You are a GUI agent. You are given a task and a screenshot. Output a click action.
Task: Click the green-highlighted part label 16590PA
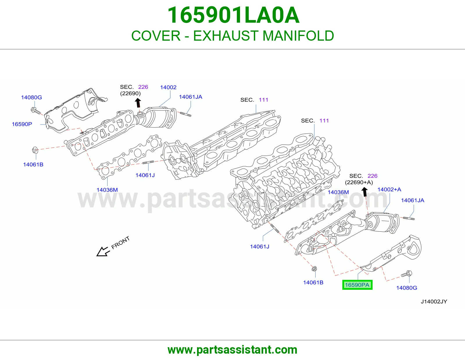[x=357, y=285]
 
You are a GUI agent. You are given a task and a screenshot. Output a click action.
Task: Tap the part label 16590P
[x=22, y=124]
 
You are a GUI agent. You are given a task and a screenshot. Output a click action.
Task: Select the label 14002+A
[x=389, y=189]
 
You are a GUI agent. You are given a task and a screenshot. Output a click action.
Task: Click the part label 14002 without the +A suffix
[x=168, y=87]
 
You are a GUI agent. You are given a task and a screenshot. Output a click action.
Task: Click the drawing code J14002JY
[x=434, y=301]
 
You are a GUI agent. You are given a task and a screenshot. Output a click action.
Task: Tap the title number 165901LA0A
[x=233, y=15]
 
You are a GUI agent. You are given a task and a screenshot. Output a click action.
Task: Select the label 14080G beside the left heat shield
[x=31, y=98]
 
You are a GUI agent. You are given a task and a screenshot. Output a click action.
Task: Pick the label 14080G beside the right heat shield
[x=407, y=288]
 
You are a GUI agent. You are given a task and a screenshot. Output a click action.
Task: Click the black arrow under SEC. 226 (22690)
[x=138, y=103]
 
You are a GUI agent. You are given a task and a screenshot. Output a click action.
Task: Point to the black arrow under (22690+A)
[x=365, y=192]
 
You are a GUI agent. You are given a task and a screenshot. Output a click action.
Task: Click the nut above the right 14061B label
[x=314, y=269]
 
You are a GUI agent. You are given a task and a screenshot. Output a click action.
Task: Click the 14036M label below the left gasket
[x=107, y=190]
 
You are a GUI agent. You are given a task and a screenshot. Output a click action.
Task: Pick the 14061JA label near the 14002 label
[x=190, y=97]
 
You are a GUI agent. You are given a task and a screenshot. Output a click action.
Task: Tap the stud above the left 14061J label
[x=148, y=163]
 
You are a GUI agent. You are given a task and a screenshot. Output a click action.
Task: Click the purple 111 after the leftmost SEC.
[x=263, y=100]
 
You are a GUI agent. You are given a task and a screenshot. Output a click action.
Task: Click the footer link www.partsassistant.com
[x=233, y=350]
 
